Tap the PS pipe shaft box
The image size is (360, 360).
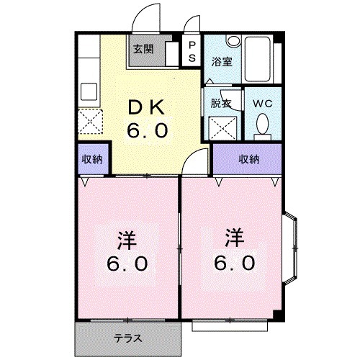(192, 51)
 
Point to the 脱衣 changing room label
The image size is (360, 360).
(220, 103)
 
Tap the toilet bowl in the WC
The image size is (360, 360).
(262, 127)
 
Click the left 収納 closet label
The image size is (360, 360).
(91, 159)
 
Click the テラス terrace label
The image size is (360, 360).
(127, 336)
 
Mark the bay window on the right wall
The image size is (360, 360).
(291, 245)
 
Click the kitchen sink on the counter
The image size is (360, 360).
(90, 92)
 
